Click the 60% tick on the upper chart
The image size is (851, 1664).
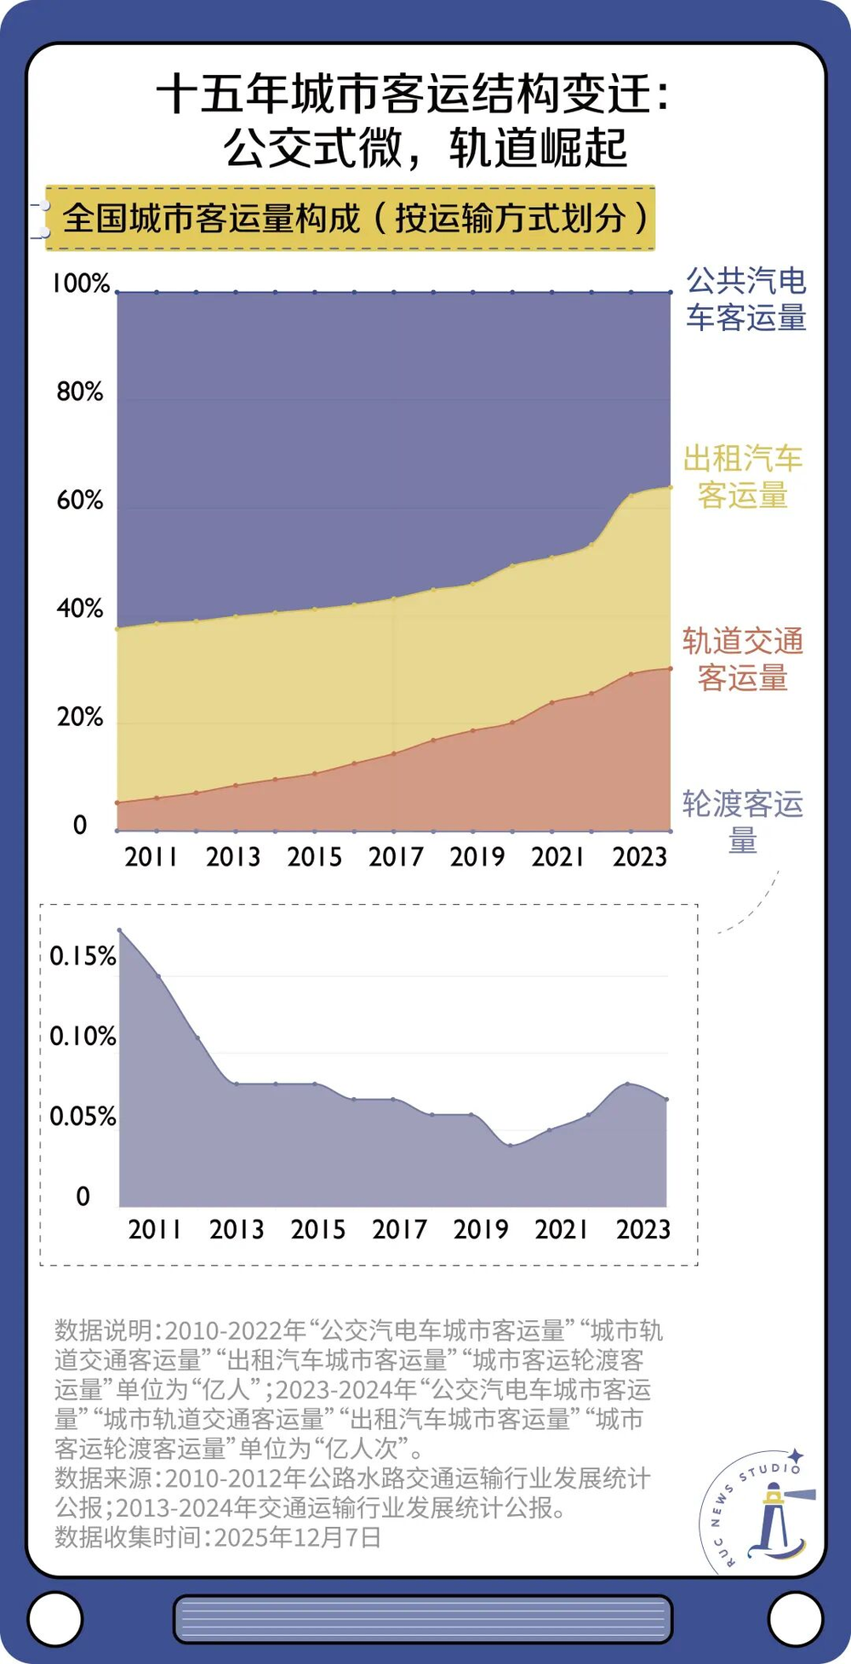pos(79,500)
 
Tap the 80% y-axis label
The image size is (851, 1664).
pos(79,392)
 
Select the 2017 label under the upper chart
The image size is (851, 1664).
pos(396,856)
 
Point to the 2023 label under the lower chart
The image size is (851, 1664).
pos(643,1229)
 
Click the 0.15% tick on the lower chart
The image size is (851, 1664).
pos(83,957)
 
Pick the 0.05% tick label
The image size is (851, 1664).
pos(83,1117)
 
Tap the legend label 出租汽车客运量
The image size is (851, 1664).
pos(743,477)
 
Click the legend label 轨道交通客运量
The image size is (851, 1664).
pos(743,660)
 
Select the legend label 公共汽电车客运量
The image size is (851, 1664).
pos(746,299)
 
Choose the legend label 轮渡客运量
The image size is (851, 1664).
pos(743,821)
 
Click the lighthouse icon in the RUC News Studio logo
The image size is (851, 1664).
pos(775,1518)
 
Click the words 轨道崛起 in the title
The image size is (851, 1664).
pos(538,148)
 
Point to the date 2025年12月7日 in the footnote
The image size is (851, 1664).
pos(297,1537)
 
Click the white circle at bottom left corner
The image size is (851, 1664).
pos(54,1617)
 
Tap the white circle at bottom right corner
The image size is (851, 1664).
pos(796,1617)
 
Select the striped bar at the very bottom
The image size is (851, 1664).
pos(423,1618)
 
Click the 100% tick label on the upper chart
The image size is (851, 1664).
pos(81,284)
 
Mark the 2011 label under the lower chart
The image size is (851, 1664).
pos(155,1229)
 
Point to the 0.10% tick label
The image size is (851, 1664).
pos(83,1037)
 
